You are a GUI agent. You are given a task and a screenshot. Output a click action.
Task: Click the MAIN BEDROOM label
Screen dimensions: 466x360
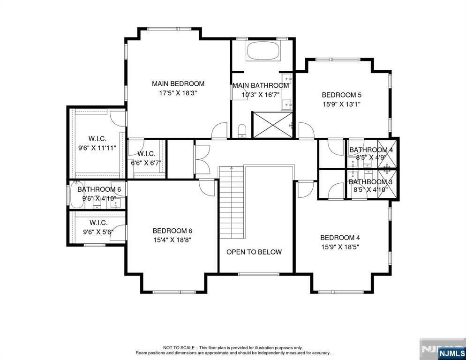click(x=178, y=84)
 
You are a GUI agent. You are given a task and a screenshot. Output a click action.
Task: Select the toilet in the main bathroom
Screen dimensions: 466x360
click(x=242, y=131)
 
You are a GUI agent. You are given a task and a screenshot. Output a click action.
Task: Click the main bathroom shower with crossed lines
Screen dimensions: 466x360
click(x=272, y=125)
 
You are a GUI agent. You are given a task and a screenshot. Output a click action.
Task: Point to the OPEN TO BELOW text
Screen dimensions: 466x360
click(x=254, y=252)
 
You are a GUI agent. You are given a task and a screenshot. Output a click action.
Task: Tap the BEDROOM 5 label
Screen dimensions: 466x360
click(x=341, y=95)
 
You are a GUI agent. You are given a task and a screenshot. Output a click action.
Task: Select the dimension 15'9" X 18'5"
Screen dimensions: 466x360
click(x=340, y=247)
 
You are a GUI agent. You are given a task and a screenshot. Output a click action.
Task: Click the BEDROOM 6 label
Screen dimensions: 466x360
click(x=173, y=231)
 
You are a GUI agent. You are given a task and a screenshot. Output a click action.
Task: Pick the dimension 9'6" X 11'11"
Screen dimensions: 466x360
click(x=97, y=148)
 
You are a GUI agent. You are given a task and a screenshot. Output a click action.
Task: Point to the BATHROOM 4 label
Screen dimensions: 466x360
click(x=371, y=150)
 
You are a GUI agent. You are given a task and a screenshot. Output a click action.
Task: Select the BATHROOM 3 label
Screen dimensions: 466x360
click(x=371, y=182)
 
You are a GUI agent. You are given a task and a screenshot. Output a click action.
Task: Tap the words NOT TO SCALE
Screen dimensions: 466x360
click(x=179, y=347)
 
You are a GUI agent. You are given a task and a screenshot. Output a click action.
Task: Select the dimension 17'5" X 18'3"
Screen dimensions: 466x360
click(x=178, y=93)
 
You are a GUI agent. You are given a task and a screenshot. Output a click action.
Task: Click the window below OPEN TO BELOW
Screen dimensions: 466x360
click(x=259, y=274)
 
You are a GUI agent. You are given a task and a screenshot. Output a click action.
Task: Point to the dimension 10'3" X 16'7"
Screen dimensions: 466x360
click(x=261, y=95)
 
